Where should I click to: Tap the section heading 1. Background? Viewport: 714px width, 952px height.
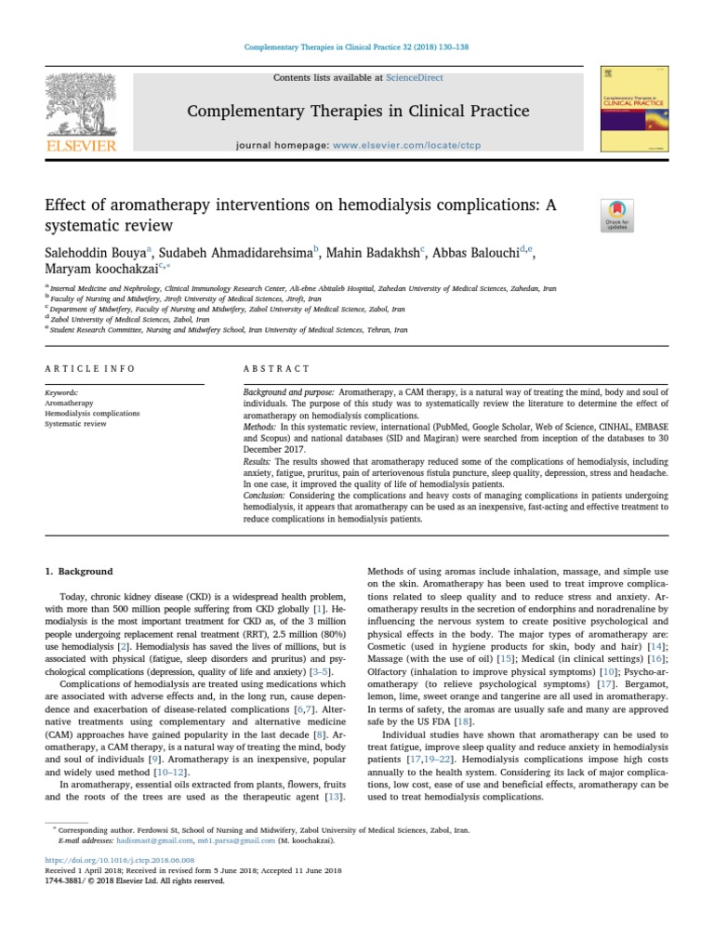79,571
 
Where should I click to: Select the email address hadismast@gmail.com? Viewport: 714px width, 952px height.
139,840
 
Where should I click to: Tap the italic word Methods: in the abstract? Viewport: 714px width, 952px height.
259,424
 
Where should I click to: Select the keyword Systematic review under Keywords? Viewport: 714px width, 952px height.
75,424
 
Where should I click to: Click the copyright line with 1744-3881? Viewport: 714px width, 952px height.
135,880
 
